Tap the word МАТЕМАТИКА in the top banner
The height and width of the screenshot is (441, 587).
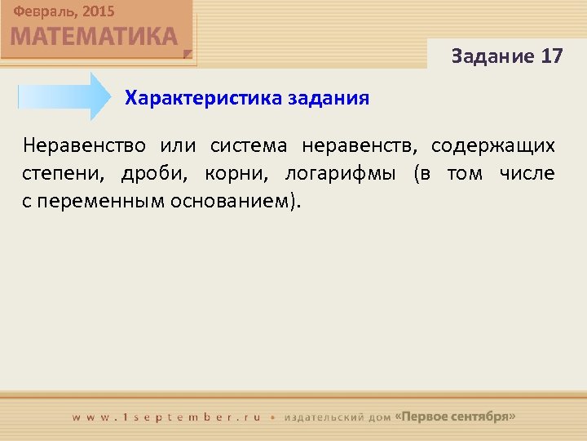coord(94,37)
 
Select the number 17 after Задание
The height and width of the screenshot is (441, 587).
coord(551,56)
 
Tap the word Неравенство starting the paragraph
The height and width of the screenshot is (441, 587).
coord(85,146)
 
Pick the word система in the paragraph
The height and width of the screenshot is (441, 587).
coord(249,146)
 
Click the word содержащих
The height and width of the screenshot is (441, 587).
coord(493,146)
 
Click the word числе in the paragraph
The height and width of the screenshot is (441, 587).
coord(527,174)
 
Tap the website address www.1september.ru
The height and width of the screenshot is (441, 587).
coord(167,416)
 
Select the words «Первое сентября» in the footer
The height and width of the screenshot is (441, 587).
coord(455,416)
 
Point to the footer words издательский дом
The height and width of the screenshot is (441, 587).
coord(337,416)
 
